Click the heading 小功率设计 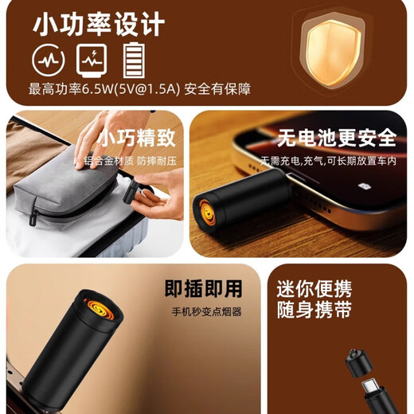(99, 24)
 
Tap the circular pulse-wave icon (45, 58)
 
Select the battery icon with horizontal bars (134, 59)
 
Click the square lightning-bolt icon (88, 58)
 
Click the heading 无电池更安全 (337, 138)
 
